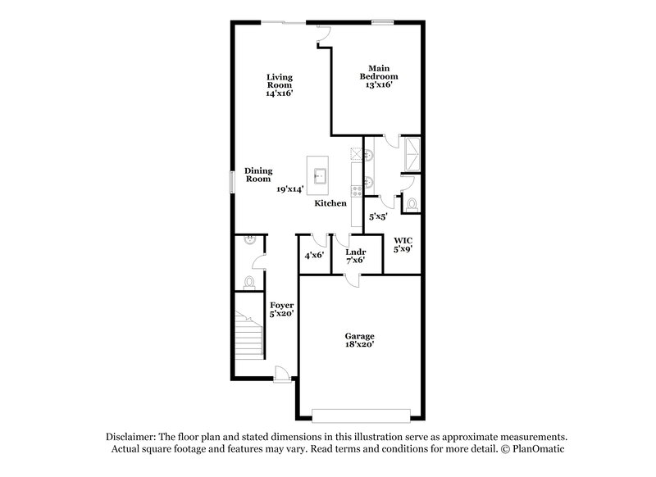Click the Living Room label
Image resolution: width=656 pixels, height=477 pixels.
pyautogui.click(x=279, y=81)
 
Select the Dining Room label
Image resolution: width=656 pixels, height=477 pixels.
pyautogui.click(x=258, y=175)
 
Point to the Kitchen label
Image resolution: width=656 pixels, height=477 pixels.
pyautogui.click(x=330, y=203)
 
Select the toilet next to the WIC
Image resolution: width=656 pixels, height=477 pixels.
pyautogui.click(x=412, y=203)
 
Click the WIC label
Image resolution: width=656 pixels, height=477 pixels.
pyautogui.click(x=403, y=240)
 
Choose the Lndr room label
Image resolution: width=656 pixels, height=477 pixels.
pyautogui.click(x=355, y=251)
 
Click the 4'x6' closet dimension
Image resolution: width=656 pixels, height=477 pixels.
pyautogui.click(x=314, y=256)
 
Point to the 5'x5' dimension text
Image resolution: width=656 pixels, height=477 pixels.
pyautogui.click(x=378, y=217)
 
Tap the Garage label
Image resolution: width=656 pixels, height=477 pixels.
pyautogui.click(x=359, y=336)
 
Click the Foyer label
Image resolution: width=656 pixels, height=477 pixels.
pyautogui.click(x=282, y=306)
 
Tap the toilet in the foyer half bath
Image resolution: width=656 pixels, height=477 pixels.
pyautogui.click(x=249, y=282)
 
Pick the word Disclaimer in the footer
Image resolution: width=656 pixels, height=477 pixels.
pyautogui.click(x=133, y=437)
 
